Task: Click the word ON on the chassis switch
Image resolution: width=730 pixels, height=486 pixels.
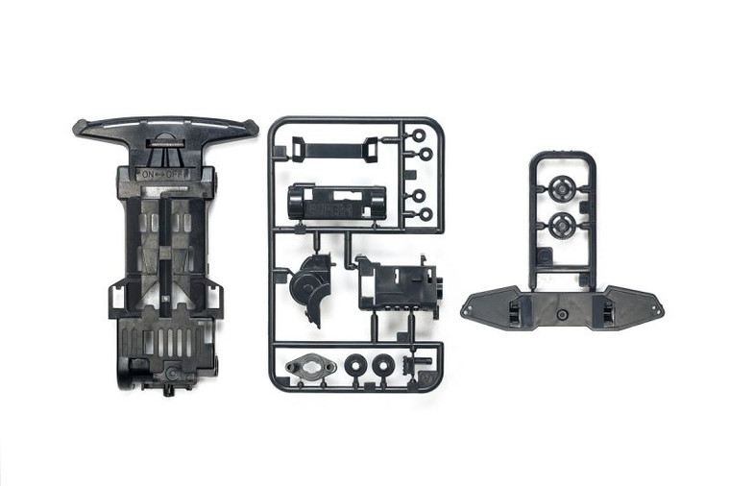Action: coord(147,175)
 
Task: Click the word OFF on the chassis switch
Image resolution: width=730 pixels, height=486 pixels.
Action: coord(179,175)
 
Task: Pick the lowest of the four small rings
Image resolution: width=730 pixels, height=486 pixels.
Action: coord(425,214)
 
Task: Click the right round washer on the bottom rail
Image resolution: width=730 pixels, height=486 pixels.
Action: coord(384,365)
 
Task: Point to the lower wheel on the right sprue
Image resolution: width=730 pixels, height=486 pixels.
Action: coord(561,227)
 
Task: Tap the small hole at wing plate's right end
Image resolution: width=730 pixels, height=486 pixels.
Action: coord(656,311)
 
